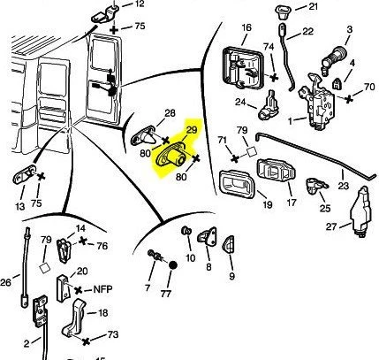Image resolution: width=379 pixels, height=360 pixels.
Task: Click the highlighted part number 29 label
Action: click(192, 130)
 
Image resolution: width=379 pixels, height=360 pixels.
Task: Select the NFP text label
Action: click(102, 289)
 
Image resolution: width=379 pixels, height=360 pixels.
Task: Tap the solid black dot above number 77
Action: click(173, 265)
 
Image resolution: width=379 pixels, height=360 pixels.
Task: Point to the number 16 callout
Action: click(246, 27)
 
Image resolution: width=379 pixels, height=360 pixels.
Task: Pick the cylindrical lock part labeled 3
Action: click(334, 58)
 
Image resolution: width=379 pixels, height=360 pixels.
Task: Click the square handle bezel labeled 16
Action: click(242, 68)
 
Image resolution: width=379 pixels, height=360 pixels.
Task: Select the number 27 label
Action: click(331, 226)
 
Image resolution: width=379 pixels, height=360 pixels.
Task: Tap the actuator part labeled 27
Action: click(360, 211)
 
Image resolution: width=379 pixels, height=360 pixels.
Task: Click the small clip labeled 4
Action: click(337, 84)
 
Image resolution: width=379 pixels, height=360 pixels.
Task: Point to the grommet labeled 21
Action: click(282, 12)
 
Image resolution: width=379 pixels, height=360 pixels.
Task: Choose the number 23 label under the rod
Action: click(344, 186)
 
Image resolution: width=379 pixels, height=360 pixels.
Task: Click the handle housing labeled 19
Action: click(237, 184)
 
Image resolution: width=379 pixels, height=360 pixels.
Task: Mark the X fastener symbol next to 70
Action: click(349, 99)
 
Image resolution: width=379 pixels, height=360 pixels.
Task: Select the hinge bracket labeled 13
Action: click(25, 175)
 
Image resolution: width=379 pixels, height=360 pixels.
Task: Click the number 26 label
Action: click(5, 282)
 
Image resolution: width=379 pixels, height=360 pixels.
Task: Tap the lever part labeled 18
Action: click(74, 318)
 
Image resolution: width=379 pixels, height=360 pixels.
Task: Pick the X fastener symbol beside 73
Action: click(86, 341)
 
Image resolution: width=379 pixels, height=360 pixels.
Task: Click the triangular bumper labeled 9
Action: click(229, 244)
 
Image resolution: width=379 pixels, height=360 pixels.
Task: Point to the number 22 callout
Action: click(308, 31)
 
